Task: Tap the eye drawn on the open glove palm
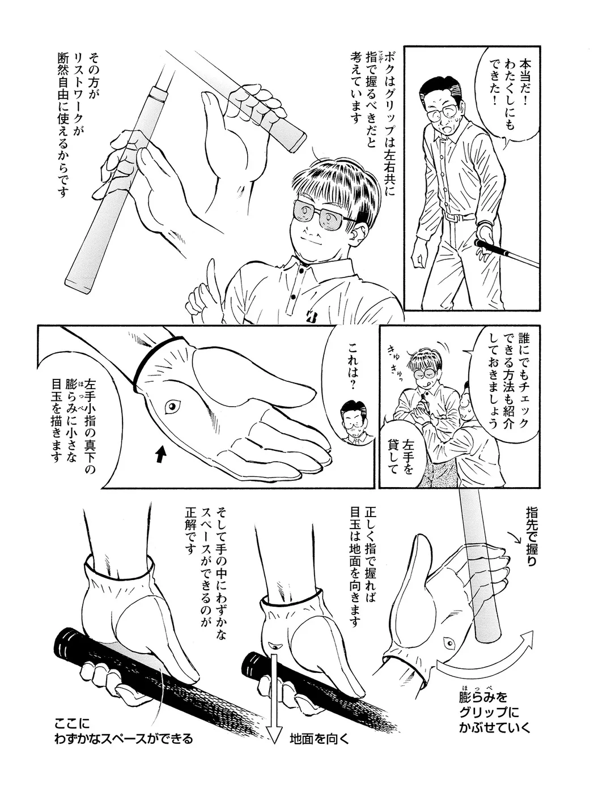click(172, 407)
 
